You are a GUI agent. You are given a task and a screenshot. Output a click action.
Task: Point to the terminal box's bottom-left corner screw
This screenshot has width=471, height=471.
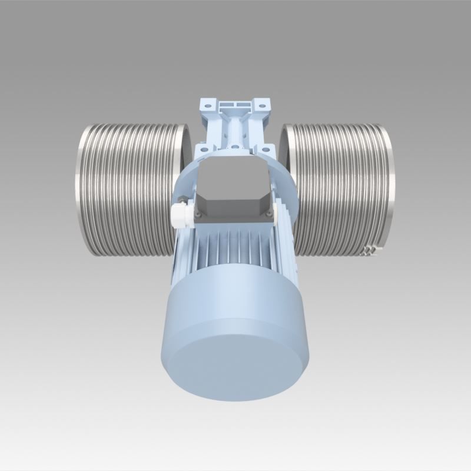click(198, 214)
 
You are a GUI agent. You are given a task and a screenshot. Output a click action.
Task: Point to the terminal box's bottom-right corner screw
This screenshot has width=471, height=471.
click(269, 214)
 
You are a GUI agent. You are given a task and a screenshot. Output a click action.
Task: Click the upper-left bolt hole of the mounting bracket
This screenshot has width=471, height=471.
click(208, 106)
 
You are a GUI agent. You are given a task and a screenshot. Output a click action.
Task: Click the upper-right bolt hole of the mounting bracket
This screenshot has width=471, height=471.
click(262, 106)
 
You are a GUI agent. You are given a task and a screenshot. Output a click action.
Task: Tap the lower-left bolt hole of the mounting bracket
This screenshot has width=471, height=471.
click(204, 150)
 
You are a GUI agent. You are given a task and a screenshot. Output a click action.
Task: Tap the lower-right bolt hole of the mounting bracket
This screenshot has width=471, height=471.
click(266, 150)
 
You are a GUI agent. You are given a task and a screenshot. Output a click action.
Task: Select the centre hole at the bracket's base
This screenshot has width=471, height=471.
click(235, 147)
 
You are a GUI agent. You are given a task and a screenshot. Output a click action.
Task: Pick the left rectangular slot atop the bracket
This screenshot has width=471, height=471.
click(227, 104)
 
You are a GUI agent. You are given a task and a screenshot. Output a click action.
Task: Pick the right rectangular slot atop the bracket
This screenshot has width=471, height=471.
click(244, 104)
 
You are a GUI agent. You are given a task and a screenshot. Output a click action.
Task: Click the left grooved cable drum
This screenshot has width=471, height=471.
click(127, 188)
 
